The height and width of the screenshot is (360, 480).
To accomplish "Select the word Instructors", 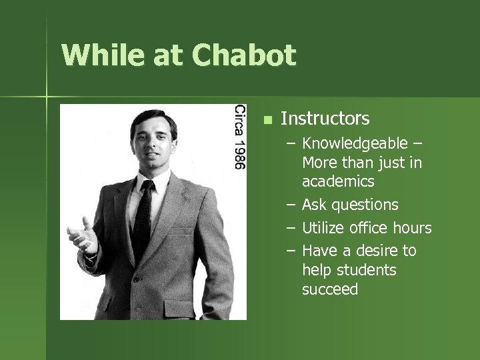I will click(x=325, y=119).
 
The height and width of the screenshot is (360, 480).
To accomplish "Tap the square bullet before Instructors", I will click(x=267, y=120).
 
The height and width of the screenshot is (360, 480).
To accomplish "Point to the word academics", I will click(x=338, y=181).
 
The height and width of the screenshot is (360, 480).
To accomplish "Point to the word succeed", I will click(x=329, y=289).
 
